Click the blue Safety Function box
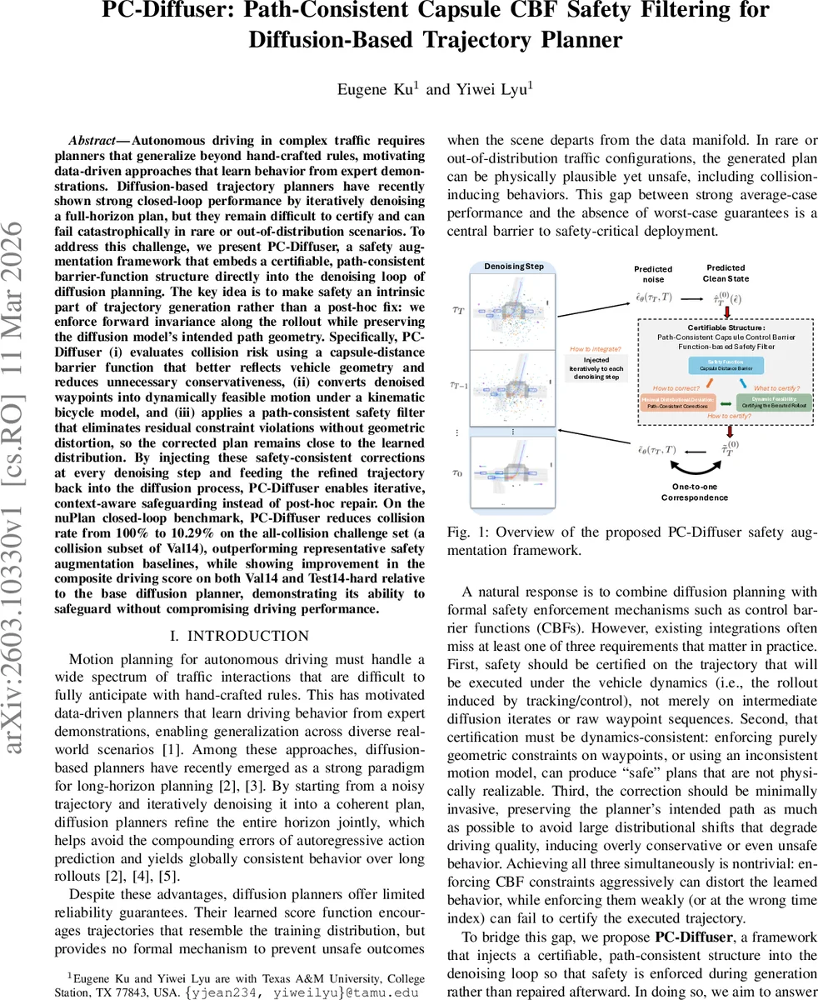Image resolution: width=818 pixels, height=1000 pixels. (726, 364)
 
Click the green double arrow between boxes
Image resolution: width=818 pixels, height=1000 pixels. (726, 404)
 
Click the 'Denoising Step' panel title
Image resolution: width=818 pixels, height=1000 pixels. (514, 266)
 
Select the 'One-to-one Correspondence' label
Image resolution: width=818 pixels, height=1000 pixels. (695, 492)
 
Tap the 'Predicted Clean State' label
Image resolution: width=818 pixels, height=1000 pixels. (726, 273)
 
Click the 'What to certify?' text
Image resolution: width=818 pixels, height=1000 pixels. (776, 387)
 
